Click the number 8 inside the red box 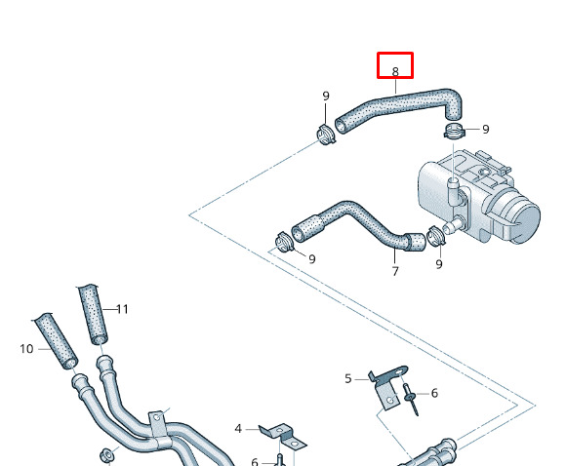395,72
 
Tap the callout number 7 395,271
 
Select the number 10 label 26,349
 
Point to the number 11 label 122,309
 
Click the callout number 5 348,378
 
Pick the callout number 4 238,429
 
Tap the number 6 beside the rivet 434,393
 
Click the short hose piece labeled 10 56,341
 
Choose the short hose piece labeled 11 93,314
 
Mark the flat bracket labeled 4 283,436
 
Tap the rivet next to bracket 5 412,400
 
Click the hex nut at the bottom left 106,455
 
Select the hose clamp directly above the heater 454,131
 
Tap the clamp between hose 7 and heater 435,236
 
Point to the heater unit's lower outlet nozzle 453,225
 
